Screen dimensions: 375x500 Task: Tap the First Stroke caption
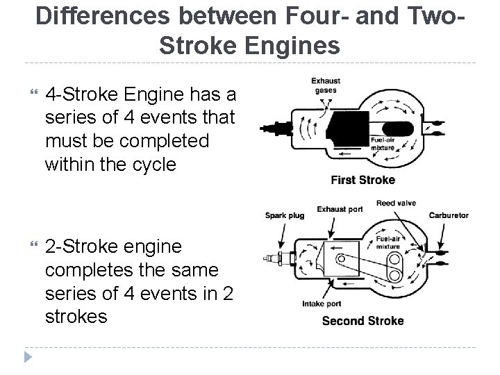362,180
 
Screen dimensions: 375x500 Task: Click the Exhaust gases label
325,85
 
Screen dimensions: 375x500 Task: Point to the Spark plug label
285,215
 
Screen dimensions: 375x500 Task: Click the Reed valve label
396,203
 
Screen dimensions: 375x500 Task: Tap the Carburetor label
449,215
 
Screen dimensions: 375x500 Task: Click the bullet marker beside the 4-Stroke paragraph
28,94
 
